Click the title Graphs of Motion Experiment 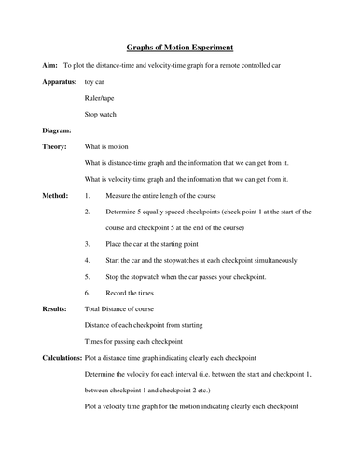point(180,48)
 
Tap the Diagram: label point(58,130)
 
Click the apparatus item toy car point(95,82)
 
